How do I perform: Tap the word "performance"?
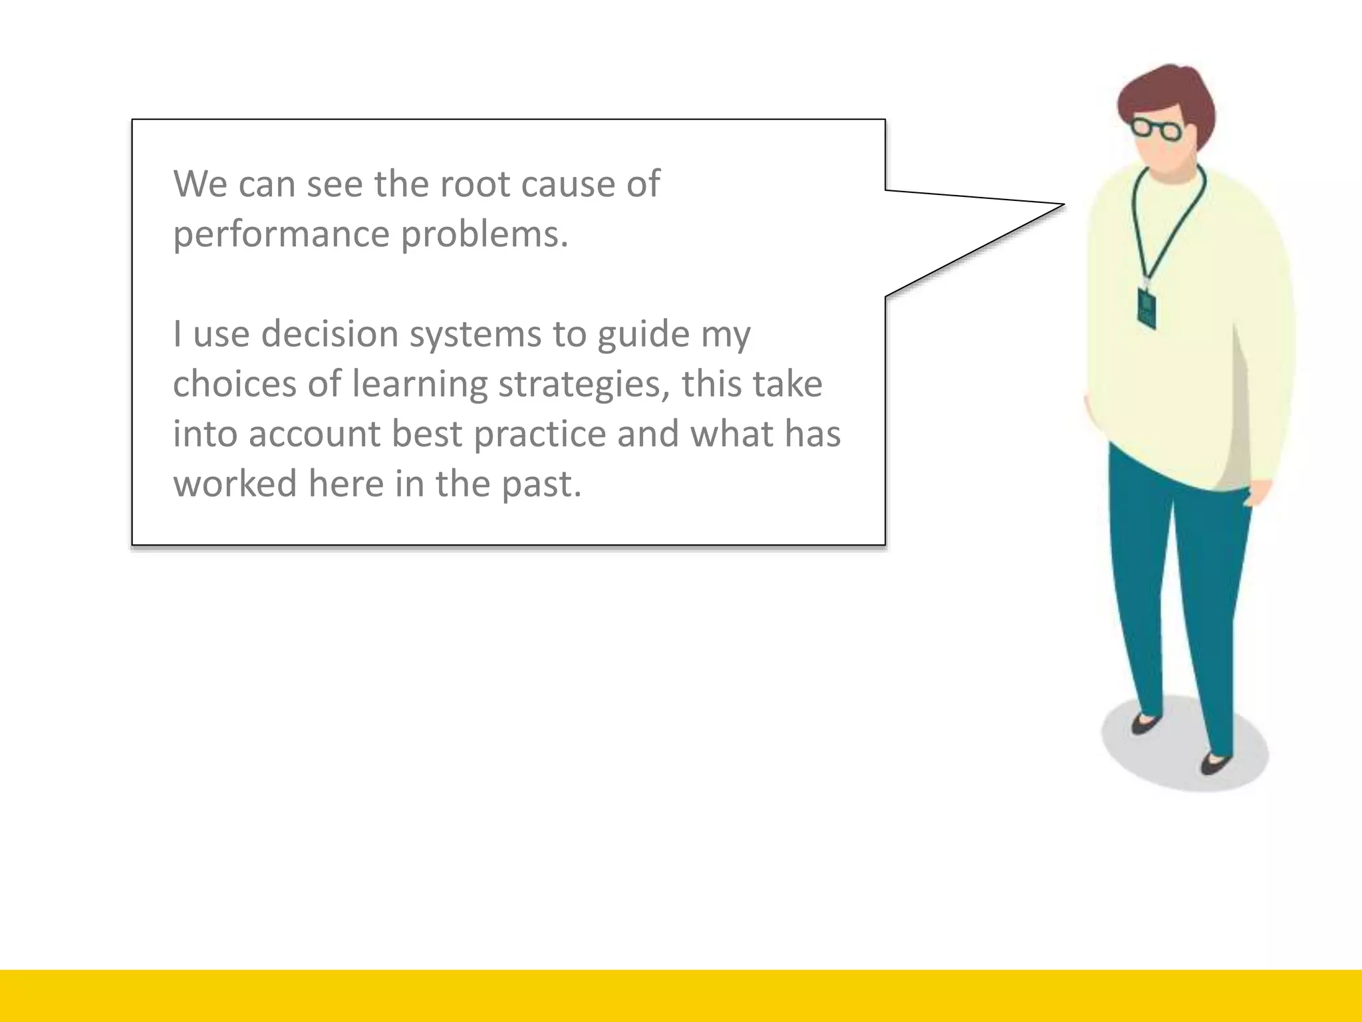tap(281, 235)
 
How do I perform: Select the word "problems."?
tap(485, 235)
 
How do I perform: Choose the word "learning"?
tap(420, 385)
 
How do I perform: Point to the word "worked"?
tap(235, 484)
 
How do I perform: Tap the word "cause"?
tap(568, 184)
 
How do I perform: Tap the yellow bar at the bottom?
tap(681, 995)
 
